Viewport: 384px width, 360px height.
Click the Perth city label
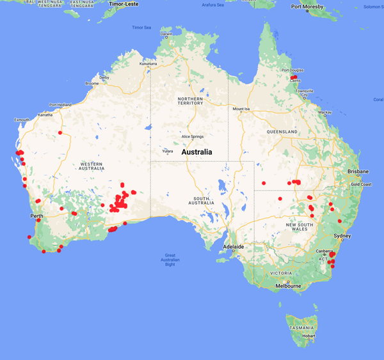pyautogui.click(x=36, y=216)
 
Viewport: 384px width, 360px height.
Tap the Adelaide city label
pyautogui.click(x=233, y=246)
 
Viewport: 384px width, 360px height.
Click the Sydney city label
pyautogui.click(x=342, y=236)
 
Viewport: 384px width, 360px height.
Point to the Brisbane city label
pyautogui.click(x=358, y=171)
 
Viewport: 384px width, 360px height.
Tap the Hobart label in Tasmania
pyautogui.click(x=309, y=336)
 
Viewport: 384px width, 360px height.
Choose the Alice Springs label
pyautogui.click(x=193, y=136)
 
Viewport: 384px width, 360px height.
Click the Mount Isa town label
pyautogui.click(x=242, y=109)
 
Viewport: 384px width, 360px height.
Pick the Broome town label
pyautogui.click(x=92, y=83)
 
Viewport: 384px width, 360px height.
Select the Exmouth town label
pyautogui.click(x=22, y=120)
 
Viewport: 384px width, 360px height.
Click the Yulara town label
pyautogui.click(x=168, y=151)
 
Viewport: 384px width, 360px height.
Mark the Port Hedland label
pyautogui.click(x=60, y=104)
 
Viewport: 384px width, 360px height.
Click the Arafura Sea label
pyautogui.click(x=213, y=4)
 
